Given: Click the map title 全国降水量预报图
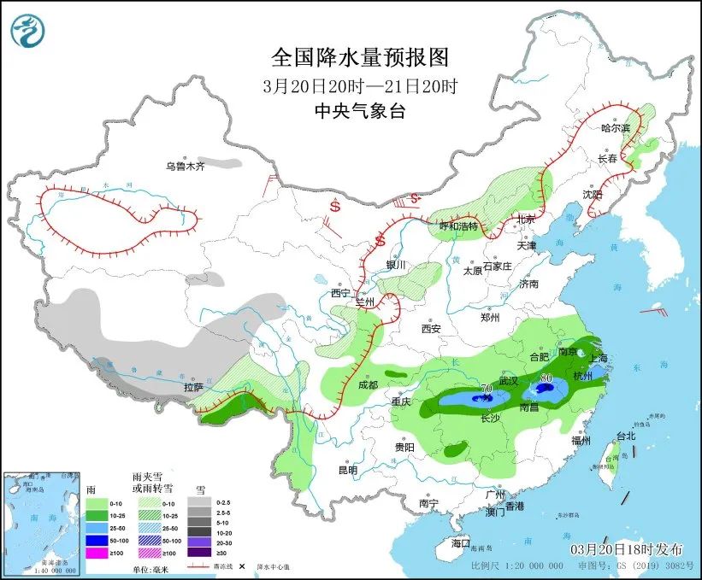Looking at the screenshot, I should (359, 58).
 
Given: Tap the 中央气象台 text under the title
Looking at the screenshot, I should (359, 110).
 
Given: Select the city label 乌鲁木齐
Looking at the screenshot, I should (186, 167).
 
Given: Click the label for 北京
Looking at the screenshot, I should (525, 220).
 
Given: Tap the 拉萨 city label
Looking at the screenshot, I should (193, 387).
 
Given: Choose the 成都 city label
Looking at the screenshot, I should (369, 384).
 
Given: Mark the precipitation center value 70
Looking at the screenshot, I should (487, 389).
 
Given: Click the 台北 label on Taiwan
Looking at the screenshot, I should (625, 436).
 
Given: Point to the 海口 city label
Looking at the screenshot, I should (461, 543).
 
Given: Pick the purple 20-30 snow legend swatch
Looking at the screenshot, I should (199, 542).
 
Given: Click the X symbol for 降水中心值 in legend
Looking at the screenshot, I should (242, 565).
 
